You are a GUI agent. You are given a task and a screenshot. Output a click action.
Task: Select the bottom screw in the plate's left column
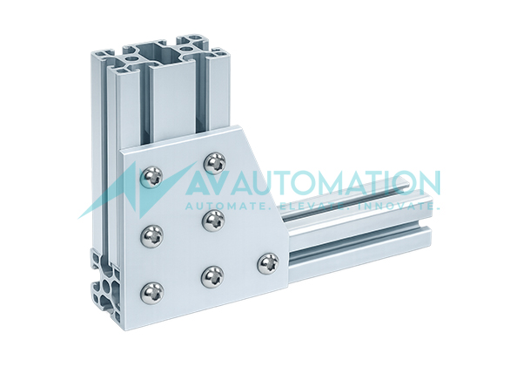(153, 290)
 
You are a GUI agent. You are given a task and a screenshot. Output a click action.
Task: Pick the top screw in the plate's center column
(213, 163)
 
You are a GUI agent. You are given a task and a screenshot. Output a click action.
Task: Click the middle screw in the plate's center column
(212, 220)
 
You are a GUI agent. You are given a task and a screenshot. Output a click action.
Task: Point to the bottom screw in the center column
(211, 277)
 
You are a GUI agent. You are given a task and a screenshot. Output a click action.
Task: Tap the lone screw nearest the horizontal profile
(269, 262)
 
